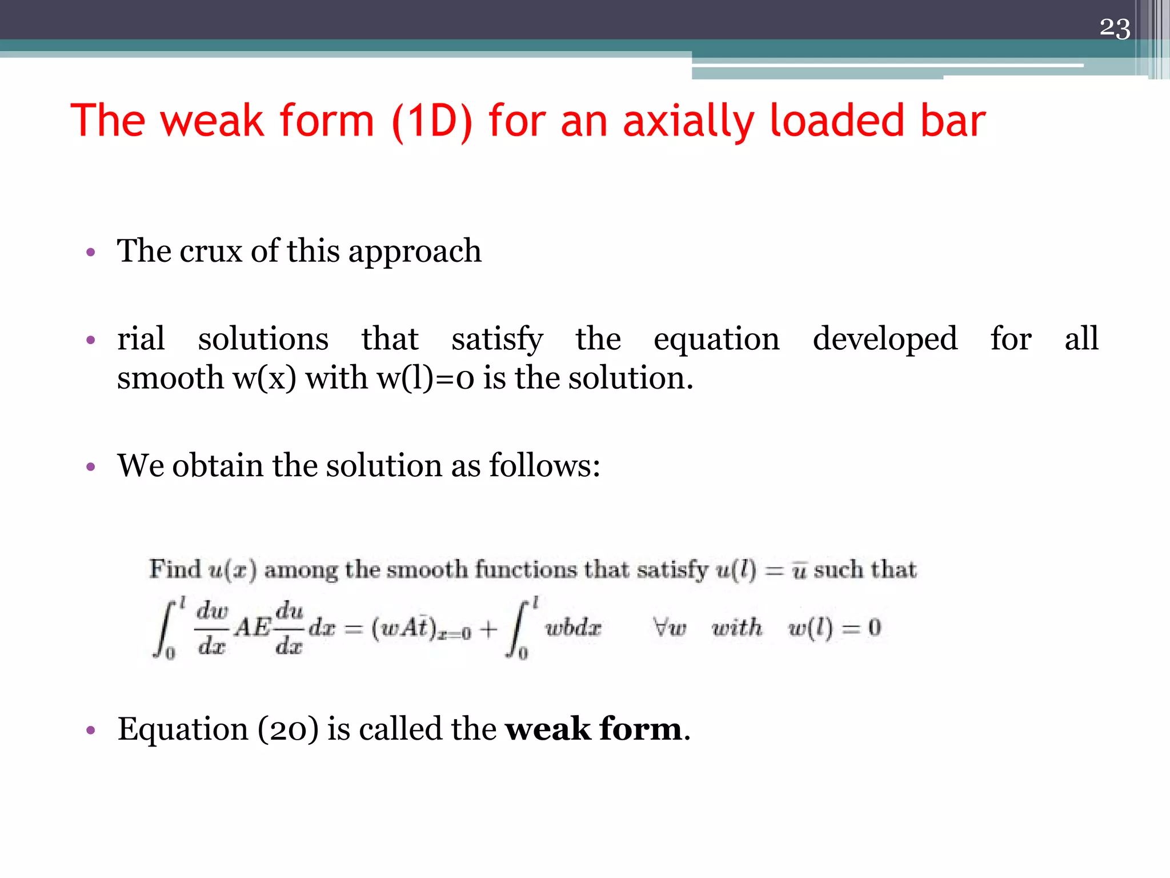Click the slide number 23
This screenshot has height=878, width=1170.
pos(1115,28)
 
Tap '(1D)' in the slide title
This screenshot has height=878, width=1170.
pos(432,122)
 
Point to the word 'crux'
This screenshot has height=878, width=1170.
pos(211,251)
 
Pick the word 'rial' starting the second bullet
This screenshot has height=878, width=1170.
pos(141,338)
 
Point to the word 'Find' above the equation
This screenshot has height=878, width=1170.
pos(175,569)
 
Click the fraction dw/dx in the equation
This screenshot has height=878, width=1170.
pos(212,628)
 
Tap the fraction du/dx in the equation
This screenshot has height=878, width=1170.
pos(289,628)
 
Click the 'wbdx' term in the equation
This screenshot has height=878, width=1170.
pos(573,628)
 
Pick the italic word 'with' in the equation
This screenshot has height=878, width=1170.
pos(737,628)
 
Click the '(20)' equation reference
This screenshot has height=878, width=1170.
pos(288,729)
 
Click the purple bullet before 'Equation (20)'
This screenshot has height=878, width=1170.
pos(90,730)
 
